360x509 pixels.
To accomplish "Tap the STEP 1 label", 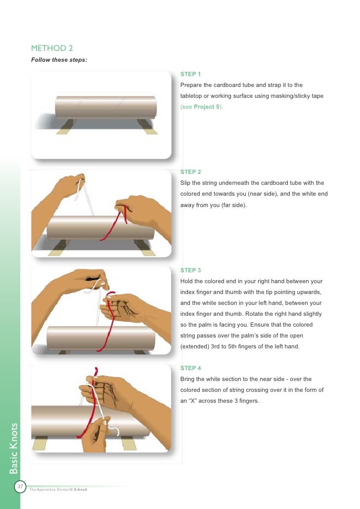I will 190,74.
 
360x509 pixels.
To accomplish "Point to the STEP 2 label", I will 190,172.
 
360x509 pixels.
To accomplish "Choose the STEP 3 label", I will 190,270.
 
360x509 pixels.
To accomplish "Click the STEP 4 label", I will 190,368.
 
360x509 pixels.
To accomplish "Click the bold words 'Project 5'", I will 207,107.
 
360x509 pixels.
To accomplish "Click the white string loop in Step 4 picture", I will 115,429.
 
